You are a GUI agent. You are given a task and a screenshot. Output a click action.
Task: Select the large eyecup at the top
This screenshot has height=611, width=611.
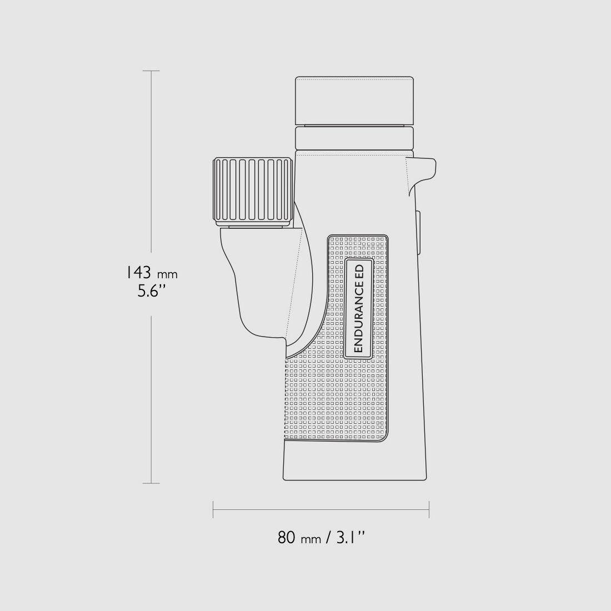pos(354,101)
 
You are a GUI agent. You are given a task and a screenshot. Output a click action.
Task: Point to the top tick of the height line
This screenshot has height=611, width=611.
pos(151,71)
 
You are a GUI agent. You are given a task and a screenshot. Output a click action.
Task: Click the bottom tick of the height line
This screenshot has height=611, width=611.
pos(151,483)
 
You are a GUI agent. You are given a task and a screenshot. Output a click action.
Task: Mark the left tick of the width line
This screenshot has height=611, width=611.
pos(213,509)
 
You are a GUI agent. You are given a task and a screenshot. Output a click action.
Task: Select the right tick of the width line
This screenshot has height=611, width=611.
pos(429,509)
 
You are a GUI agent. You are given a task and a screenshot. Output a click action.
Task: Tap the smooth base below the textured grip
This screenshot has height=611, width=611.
pos(354,461)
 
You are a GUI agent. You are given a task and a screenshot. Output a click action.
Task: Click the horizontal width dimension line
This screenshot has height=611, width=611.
pos(321,509)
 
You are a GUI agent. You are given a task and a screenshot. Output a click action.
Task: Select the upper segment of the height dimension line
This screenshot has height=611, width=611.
pos(151,167)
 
